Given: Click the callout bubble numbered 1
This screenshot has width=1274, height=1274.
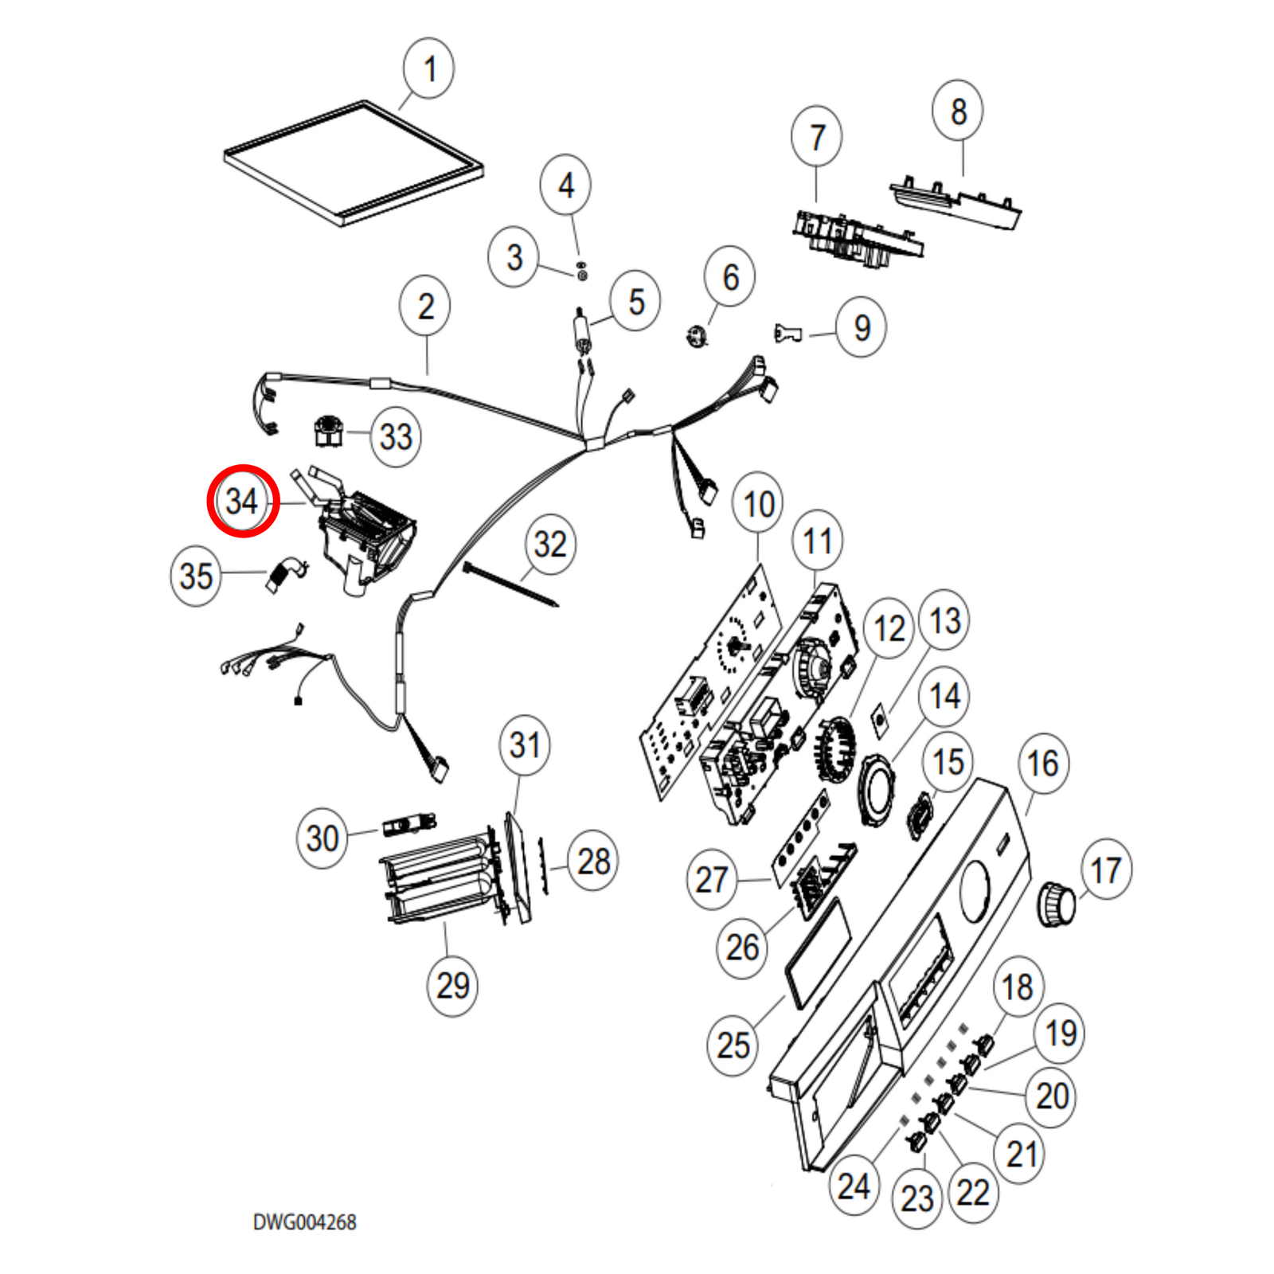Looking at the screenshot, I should [429, 68].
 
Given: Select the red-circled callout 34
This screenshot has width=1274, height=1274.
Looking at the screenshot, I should [243, 501].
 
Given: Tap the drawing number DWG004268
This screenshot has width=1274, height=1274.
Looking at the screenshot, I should [304, 1222].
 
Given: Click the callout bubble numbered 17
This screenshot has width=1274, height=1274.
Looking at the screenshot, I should [1106, 870].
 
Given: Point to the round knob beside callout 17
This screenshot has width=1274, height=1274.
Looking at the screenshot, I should [1057, 904].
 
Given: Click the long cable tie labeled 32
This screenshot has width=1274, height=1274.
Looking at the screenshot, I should [510, 584].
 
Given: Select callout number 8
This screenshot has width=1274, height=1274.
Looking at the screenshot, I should [958, 111].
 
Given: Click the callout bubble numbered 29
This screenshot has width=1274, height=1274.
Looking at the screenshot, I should [453, 986].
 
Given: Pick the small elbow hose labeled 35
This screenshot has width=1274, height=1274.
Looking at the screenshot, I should [284, 573].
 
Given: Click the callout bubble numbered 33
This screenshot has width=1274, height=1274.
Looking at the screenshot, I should [396, 436].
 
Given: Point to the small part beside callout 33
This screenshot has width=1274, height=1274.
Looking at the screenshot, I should [327, 431].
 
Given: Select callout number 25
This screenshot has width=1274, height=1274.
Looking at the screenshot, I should [733, 1045].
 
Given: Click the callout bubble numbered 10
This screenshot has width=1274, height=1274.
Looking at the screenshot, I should [758, 503].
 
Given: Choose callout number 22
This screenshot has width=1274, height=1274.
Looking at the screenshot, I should [972, 1192].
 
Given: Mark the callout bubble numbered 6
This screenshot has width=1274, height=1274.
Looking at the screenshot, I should [730, 277].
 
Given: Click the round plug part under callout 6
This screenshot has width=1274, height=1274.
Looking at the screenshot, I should [698, 337].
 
